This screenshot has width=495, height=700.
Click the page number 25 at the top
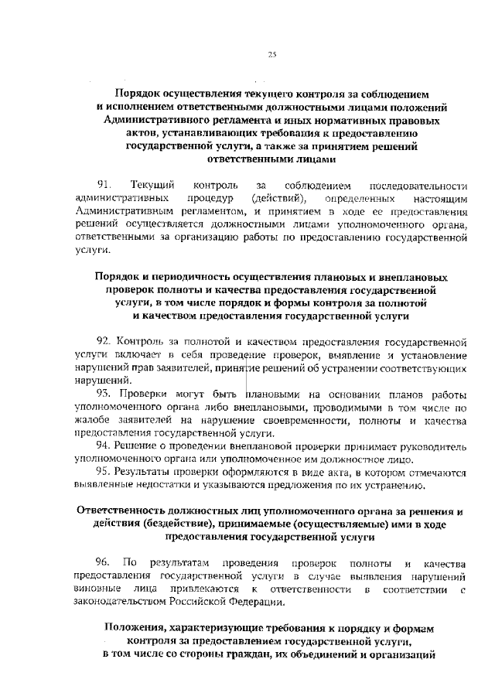pyautogui.click(x=272, y=53)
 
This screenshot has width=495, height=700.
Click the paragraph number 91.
pyautogui.click(x=104, y=186)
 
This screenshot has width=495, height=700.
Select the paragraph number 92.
pyautogui.click(x=104, y=341)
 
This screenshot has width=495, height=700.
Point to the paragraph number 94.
pyautogui.click(x=104, y=446)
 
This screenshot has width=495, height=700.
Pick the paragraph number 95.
pyautogui.click(x=104, y=473)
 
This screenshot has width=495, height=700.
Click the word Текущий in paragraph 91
pyautogui.click(x=153, y=186)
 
